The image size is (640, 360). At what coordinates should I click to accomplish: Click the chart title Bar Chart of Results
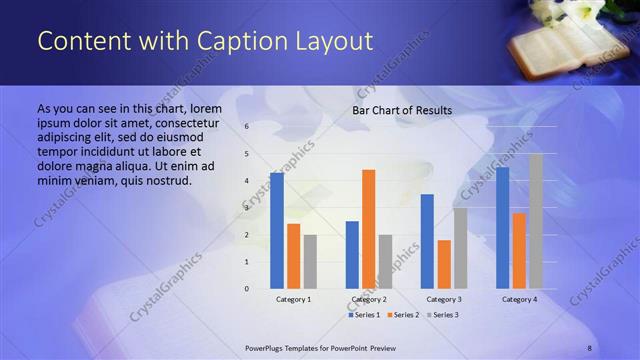coord(402,110)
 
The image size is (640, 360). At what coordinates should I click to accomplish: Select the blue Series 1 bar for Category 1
coord(276,230)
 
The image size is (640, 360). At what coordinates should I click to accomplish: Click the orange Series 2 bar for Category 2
coord(369,229)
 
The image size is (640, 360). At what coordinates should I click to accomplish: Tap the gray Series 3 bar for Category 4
coord(536,221)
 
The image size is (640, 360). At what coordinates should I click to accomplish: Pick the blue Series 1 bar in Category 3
coord(427,241)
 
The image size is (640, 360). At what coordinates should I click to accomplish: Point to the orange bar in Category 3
coord(444,264)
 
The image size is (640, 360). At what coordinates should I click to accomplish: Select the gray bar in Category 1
coord(310,261)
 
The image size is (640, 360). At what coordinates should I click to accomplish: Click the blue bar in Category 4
coord(502,227)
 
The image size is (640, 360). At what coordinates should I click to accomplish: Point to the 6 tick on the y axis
coord(247,127)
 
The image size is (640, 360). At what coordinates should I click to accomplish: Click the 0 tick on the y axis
coord(247,289)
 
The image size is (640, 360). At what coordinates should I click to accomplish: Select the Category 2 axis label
coord(369,300)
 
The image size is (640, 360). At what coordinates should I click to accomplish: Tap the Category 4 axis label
coord(519,300)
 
